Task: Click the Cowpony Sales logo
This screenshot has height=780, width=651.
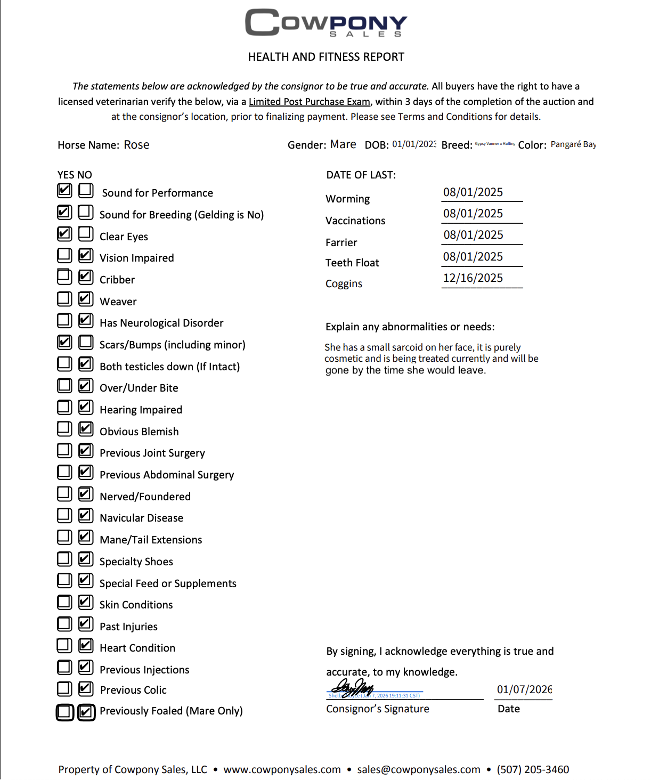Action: [x=326, y=23]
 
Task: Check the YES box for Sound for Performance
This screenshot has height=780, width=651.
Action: [x=64, y=190]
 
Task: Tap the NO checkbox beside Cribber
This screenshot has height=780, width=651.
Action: [x=86, y=277]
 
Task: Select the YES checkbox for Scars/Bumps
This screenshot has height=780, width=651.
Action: [x=64, y=342]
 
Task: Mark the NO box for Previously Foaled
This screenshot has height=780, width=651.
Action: [x=86, y=712]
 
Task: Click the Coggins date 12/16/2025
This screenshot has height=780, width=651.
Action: [x=473, y=278]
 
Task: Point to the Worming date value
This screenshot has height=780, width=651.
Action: [x=473, y=192]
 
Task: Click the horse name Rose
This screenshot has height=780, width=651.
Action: [x=136, y=145]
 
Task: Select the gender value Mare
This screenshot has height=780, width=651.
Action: [x=343, y=144]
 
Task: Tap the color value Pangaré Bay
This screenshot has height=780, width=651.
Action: [x=573, y=144]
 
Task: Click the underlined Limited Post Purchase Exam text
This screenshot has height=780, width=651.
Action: [x=309, y=102]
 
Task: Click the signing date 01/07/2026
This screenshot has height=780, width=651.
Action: [x=524, y=689]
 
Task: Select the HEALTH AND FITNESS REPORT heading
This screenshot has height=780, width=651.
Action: [x=326, y=57]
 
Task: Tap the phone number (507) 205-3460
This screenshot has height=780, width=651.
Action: [x=533, y=769]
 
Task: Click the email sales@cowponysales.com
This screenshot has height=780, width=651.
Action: [x=419, y=769]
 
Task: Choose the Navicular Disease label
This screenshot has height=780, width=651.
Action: [x=141, y=518]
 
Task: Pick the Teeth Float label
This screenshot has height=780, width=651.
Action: [x=352, y=263]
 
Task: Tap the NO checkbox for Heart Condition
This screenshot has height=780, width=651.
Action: [x=86, y=645]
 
